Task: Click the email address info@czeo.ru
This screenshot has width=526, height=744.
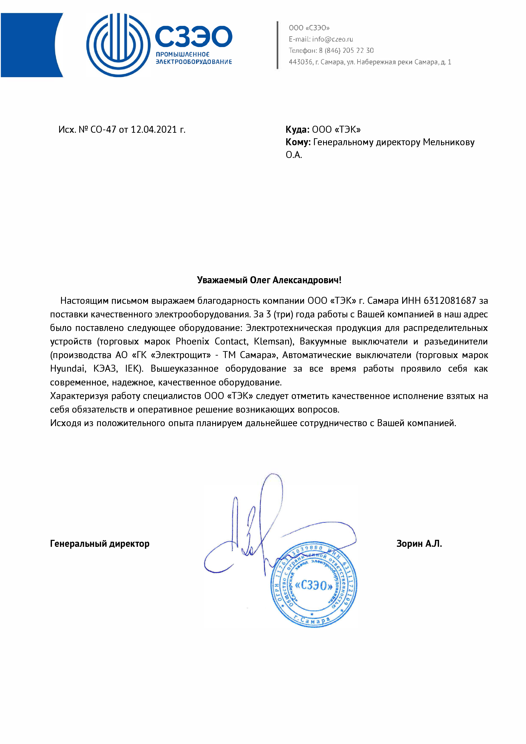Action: coord(332,39)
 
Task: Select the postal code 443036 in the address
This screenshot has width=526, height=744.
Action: coord(300,62)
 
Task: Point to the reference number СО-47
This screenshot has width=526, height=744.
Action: coord(103,130)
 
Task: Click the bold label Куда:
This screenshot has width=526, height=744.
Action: coord(297,130)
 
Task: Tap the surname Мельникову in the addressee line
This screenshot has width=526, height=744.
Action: coord(449,142)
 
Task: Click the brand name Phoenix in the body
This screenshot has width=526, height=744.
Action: coord(192,342)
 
